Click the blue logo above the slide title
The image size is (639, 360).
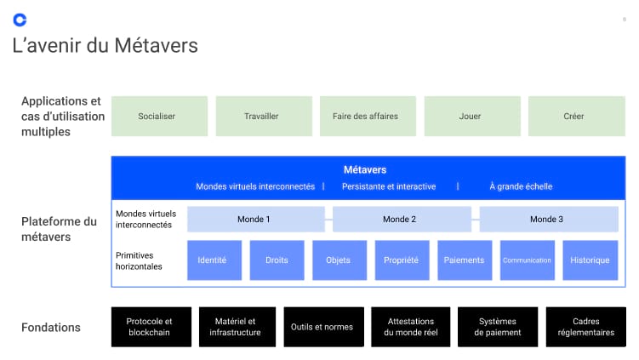pyautogui.click(x=20, y=19)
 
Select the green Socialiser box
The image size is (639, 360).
pyautogui.click(x=157, y=116)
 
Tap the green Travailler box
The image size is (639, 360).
pyautogui.click(x=261, y=116)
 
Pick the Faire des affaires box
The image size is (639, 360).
pyautogui.click(x=365, y=116)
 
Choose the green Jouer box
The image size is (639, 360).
pyautogui.click(x=470, y=116)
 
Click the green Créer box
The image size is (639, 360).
pyautogui.click(x=573, y=116)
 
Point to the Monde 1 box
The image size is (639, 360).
pyautogui.click(x=254, y=220)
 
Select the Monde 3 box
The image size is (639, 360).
pyautogui.click(x=548, y=220)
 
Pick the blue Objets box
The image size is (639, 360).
pyautogui.click(x=338, y=260)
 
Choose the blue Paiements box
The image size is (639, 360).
pyautogui.click(x=464, y=260)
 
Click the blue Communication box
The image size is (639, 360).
pyautogui.click(x=527, y=260)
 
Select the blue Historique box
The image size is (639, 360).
pyautogui.click(x=590, y=260)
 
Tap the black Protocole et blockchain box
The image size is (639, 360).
pyautogui.click(x=149, y=327)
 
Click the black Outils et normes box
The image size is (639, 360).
pyautogui.click(x=323, y=327)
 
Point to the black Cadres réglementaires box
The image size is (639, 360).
pyautogui.click(x=585, y=327)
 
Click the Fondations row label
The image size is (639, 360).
pyautogui.click(x=51, y=328)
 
